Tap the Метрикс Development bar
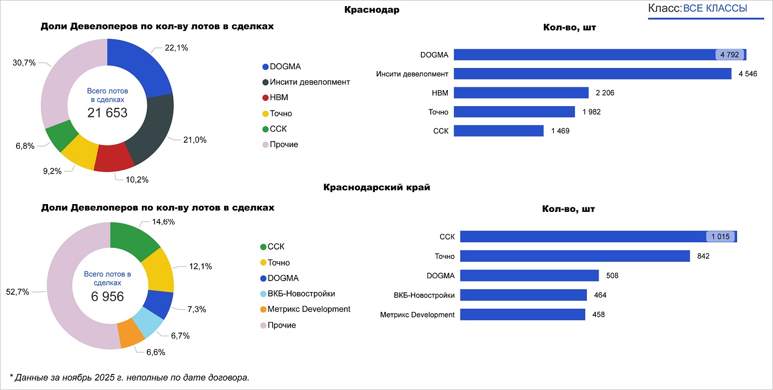(x=522, y=315)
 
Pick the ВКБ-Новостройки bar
(x=523, y=295)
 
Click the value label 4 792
(x=730, y=55)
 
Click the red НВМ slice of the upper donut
(x=114, y=159)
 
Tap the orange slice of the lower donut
(x=130, y=333)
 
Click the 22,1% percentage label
(x=176, y=48)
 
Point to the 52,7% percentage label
(x=17, y=292)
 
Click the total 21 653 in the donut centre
(x=107, y=113)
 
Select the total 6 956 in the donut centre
(x=107, y=297)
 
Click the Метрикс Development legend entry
(x=308, y=309)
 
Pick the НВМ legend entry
(x=278, y=98)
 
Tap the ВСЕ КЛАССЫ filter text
(x=714, y=8)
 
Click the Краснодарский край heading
(x=377, y=188)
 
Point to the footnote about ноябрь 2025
(x=130, y=378)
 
